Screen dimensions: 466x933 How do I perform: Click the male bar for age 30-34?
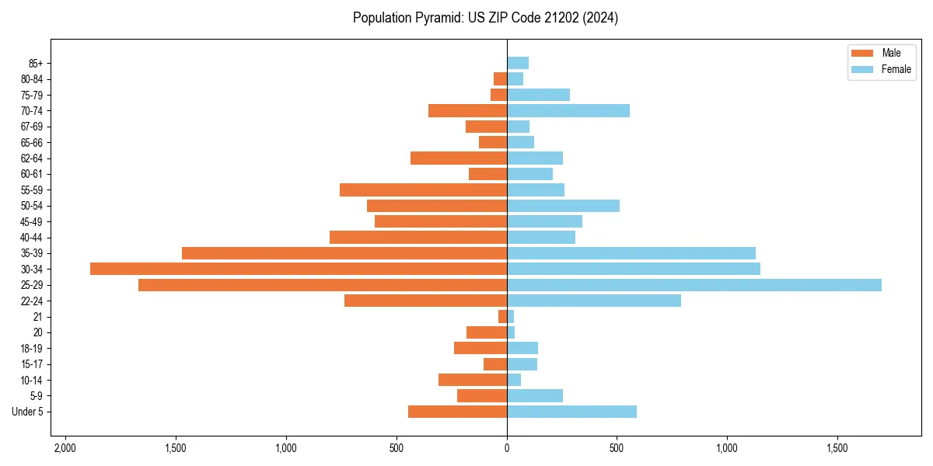point(299,269)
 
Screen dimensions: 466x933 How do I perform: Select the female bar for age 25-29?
point(694,285)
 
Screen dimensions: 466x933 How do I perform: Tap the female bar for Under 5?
point(571,412)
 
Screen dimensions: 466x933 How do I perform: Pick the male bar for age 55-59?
point(423,190)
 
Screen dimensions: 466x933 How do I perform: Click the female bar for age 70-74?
point(568,110)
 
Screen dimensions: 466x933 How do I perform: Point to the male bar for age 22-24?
point(425,301)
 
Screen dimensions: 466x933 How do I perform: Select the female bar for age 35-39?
point(631,253)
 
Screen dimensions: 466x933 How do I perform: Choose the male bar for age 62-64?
point(459,158)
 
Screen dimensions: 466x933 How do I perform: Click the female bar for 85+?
point(518,63)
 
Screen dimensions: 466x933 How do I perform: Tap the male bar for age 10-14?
point(473,380)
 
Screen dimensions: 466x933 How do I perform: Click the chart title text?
point(485,18)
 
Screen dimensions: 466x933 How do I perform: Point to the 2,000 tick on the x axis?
point(65,448)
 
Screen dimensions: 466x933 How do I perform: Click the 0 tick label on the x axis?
point(507,448)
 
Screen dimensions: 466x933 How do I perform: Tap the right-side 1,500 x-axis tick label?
point(837,448)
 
